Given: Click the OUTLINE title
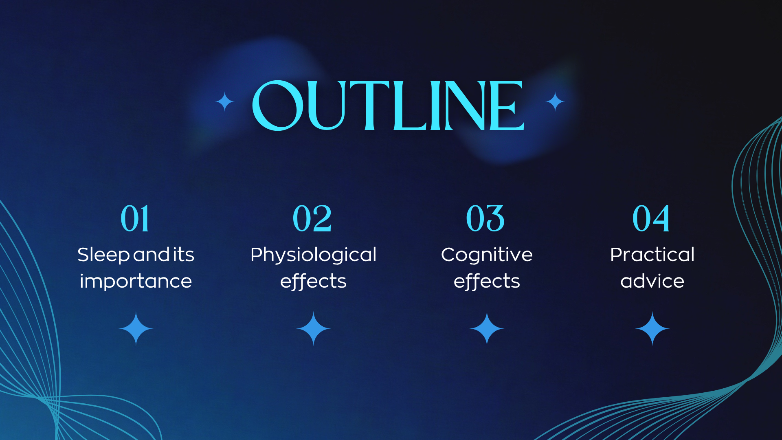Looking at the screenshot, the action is coord(388,105).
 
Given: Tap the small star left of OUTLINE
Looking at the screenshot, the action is coord(224,101).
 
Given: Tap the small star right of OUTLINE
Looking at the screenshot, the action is coord(555,101).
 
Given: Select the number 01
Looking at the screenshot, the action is coord(135,218).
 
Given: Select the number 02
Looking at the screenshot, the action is coord(312,218).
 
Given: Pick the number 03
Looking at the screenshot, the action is coord(485,218).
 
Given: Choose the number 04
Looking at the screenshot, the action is coord(651,218).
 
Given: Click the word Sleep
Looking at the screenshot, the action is coord(103,255).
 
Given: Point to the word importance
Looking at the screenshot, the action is coord(136,281).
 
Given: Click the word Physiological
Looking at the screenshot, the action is coord(313,255).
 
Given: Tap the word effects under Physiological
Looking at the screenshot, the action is coord(313,281).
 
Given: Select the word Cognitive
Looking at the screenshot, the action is coord(487,255).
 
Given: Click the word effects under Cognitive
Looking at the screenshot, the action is coord(487,281).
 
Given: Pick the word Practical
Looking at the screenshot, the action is coord(652,255).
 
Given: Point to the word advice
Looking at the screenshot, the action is coord(652,281).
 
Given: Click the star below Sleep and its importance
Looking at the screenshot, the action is coord(136,328).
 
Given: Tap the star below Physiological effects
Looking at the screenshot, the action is coord(313,328).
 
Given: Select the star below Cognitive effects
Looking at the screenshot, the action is coord(487,328).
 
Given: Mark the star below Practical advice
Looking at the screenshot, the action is coord(652,328).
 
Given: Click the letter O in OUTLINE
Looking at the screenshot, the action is coord(278,105).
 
